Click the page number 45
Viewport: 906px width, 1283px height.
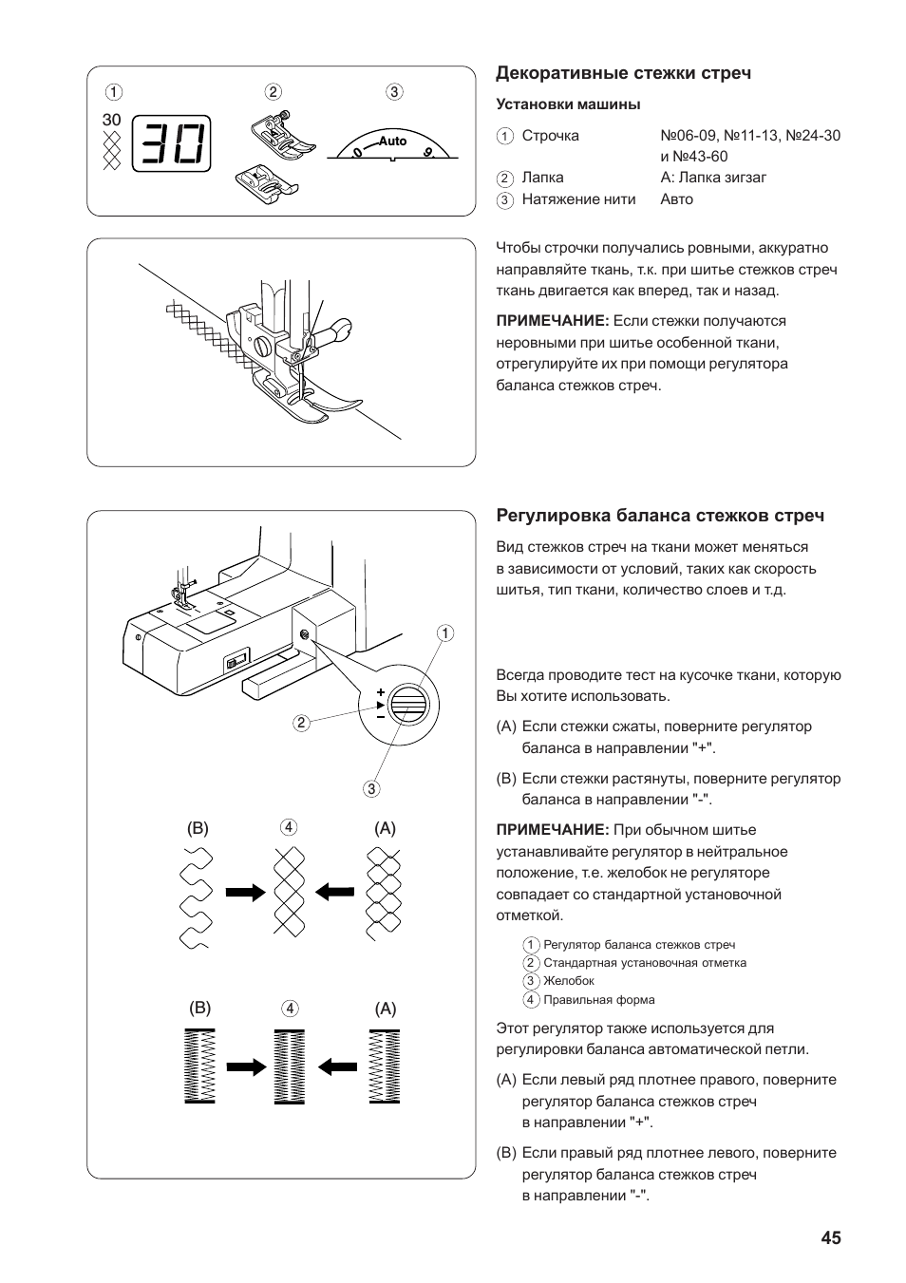(x=831, y=1237)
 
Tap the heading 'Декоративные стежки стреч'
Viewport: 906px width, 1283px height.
(x=624, y=73)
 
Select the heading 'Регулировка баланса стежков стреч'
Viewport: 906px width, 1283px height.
(x=660, y=516)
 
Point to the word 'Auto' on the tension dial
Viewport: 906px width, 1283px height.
(x=392, y=141)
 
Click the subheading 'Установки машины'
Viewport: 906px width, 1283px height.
(x=568, y=104)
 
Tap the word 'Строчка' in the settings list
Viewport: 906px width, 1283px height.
(x=550, y=136)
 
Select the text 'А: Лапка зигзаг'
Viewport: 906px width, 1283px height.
(x=713, y=178)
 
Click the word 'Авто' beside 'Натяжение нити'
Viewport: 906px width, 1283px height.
(x=677, y=199)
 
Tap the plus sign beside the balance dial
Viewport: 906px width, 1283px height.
(x=380, y=693)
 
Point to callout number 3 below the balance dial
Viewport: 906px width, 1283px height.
(x=370, y=788)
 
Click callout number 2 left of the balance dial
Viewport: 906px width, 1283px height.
(x=301, y=723)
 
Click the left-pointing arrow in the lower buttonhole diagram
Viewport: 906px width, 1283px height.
(x=337, y=1066)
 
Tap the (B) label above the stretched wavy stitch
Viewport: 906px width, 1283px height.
(x=198, y=828)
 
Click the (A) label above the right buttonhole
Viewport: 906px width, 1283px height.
(x=385, y=1009)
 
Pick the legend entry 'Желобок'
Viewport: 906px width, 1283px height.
(x=568, y=981)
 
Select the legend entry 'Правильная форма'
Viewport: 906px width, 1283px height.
(x=598, y=1000)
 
